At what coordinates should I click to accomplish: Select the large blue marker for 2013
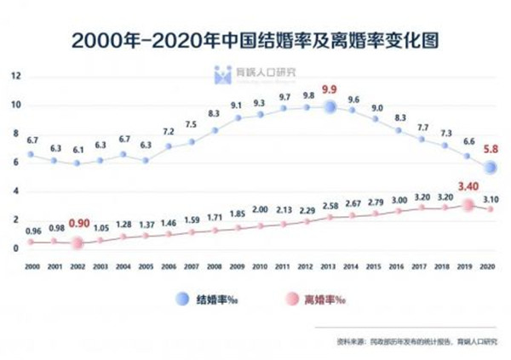(331, 107)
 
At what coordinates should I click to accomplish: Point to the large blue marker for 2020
(488, 168)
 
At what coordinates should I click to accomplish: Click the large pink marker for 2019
(467, 205)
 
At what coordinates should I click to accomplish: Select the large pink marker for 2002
(78, 243)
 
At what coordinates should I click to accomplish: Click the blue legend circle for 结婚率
(180, 299)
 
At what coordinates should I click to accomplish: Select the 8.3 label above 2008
(215, 114)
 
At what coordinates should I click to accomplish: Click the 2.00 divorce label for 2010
(261, 209)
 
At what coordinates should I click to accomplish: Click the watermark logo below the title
(223, 74)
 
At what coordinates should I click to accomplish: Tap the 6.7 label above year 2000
(32, 139)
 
